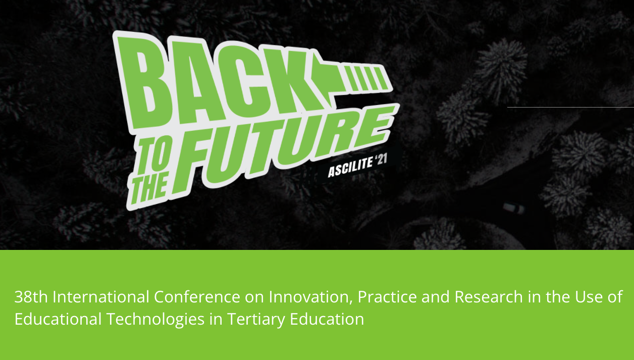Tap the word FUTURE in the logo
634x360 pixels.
point(286,147)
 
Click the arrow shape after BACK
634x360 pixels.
point(351,79)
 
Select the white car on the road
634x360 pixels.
point(514,208)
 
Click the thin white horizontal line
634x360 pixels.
point(570,107)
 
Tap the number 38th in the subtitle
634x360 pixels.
point(31,297)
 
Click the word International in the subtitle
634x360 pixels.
point(101,297)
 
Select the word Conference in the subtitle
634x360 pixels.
point(197,297)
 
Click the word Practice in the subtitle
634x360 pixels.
point(387,297)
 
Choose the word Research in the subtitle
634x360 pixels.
point(489,297)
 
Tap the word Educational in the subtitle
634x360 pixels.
point(58,319)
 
